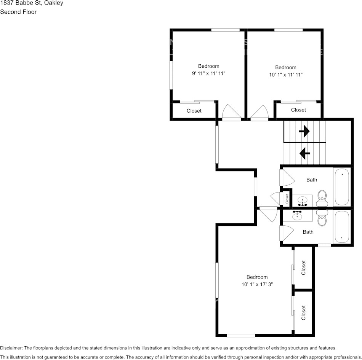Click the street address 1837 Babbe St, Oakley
coord(32,3)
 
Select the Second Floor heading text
coord(18,12)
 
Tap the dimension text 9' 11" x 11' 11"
coord(208,73)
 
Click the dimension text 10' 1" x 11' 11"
coord(285,75)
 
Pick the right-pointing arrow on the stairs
coord(304,132)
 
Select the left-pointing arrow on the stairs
coord(304,153)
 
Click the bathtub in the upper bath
coord(342,186)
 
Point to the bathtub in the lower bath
coord(342,227)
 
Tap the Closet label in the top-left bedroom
coord(194,111)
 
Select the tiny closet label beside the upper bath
coord(287,198)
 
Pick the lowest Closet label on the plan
coord(303,313)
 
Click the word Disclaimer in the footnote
coord(11,348)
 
